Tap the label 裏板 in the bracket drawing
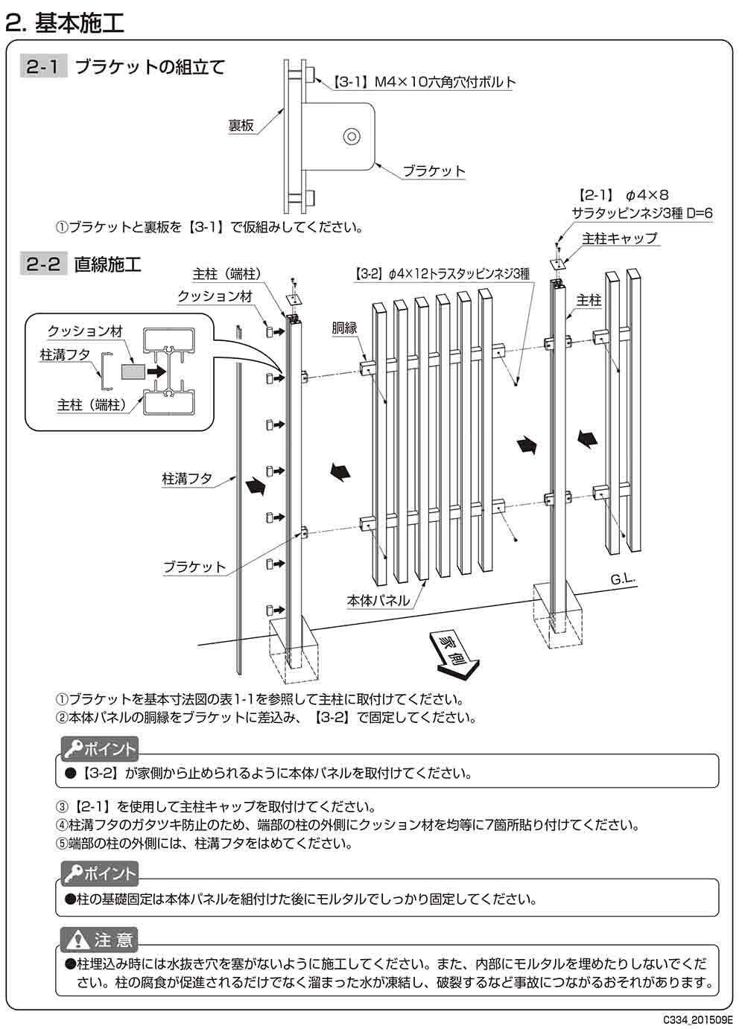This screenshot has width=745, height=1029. [x=241, y=126]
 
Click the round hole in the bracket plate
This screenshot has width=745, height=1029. [x=350, y=136]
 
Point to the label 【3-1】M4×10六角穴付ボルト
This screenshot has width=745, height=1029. [x=422, y=83]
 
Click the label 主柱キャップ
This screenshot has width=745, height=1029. [x=620, y=238]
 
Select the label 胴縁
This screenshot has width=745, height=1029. [x=344, y=328]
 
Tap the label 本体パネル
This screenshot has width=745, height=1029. [x=378, y=599]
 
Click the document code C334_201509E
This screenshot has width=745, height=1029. [x=698, y=1019]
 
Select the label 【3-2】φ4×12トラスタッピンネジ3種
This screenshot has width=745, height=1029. [x=441, y=274]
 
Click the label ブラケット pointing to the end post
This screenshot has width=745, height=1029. [x=194, y=567]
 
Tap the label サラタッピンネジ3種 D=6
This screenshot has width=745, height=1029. [x=642, y=213]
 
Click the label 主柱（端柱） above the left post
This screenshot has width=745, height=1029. [x=227, y=274]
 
